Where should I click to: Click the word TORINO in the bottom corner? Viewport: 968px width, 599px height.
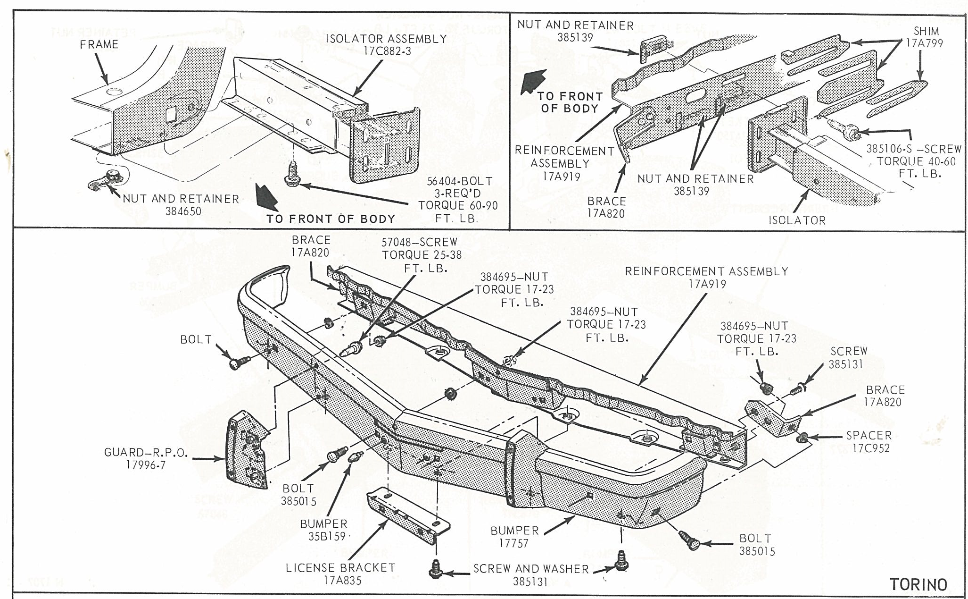tap(918, 584)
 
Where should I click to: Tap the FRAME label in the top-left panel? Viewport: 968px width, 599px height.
tap(99, 44)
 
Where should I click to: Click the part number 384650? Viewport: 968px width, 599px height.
tap(183, 211)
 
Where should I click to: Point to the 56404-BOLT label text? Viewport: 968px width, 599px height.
tap(460, 181)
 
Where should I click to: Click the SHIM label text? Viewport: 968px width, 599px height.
tap(926, 31)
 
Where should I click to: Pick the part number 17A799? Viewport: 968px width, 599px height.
tap(924, 43)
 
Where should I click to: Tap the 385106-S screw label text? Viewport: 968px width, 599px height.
tap(914, 149)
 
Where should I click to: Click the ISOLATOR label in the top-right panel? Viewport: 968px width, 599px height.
tap(797, 220)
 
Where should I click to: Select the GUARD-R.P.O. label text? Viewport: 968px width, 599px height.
tap(146, 453)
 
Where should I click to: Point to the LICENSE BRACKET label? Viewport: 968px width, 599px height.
tap(340, 568)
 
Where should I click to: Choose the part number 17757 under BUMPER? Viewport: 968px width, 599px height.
tap(513, 543)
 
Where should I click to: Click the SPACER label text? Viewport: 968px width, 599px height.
tap(869, 435)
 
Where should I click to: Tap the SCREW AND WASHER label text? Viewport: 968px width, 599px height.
tap(531, 569)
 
